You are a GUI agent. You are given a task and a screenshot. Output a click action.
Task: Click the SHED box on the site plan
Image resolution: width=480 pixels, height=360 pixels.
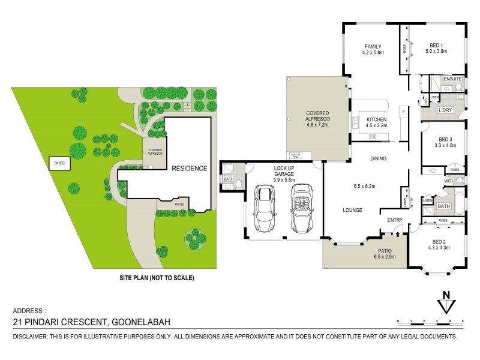[x=59, y=163]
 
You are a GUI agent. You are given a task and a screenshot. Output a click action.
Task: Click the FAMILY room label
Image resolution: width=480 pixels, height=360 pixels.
[x=373, y=46]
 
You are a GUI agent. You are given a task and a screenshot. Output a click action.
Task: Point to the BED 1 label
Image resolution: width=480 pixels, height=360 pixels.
[x=436, y=45]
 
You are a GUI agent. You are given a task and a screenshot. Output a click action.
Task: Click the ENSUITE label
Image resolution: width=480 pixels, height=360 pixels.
[x=451, y=79]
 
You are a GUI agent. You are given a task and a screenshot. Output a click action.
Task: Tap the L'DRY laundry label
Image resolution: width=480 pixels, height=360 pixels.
[x=445, y=111]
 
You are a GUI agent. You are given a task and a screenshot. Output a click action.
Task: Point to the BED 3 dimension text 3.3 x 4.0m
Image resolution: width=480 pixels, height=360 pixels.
[x=445, y=145]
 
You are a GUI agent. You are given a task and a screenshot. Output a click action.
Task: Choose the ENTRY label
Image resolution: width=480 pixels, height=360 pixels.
[x=395, y=220]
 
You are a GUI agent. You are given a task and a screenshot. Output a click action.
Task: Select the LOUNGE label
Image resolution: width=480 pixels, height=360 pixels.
[x=351, y=211]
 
